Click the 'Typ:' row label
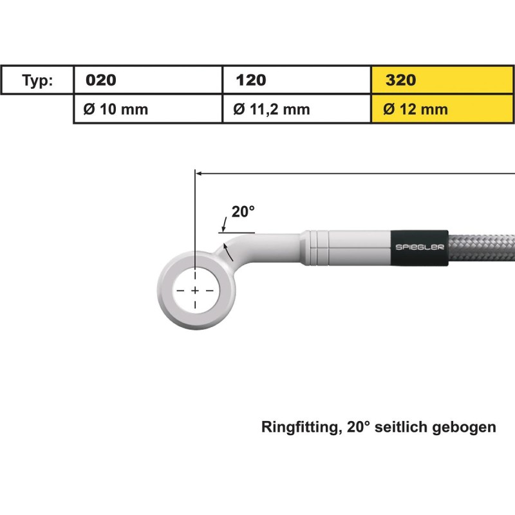[38, 80]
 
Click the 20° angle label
[243, 211]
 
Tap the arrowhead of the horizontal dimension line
[200, 173]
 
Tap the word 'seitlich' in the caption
[408, 427]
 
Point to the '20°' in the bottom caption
[360, 427]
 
